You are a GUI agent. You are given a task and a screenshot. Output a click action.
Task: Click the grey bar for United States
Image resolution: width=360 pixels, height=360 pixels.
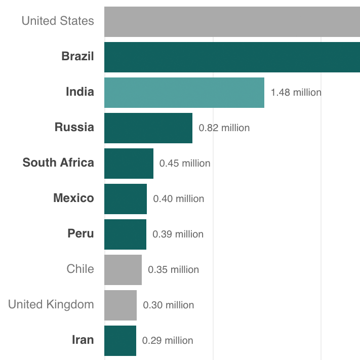[232, 22]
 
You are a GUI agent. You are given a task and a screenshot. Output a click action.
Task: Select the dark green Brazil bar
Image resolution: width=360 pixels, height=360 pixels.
[232, 57]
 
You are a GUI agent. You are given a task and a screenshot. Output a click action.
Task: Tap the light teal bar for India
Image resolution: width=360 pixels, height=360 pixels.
[184, 93]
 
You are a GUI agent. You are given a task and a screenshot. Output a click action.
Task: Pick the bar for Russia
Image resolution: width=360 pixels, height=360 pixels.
[148, 128]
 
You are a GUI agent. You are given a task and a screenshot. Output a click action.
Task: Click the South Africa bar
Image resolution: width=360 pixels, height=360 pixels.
[129, 164]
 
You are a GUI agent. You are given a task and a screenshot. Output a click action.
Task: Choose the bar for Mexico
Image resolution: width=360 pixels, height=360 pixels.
[126, 199]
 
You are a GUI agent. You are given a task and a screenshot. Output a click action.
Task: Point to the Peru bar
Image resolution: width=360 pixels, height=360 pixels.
[125, 234]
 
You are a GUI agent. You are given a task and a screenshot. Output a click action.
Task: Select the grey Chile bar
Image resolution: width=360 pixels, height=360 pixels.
[123, 270]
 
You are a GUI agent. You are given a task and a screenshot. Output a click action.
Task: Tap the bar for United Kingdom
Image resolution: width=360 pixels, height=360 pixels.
[121, 305]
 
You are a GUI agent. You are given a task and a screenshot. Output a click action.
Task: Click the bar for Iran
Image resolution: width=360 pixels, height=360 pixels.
[120, 341]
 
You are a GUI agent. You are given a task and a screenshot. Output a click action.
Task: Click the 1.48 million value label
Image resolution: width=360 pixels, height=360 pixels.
[296, 93]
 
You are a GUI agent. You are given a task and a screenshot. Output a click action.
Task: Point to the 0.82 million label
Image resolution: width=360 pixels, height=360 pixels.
[224, 128]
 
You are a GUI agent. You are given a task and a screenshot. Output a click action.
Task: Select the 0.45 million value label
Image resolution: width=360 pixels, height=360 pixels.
[185, 164]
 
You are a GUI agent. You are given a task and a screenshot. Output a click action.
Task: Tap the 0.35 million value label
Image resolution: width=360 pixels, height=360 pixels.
[174, 270]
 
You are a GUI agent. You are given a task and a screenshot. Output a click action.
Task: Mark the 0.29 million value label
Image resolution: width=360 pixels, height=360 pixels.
[168, 341]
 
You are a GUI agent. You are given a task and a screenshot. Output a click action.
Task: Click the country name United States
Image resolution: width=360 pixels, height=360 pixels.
[58, 21]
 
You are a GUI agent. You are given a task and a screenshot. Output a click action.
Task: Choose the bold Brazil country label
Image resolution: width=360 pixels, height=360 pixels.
[77, 56]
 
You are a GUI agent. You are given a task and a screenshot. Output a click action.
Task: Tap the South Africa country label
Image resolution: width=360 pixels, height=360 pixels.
[58, 163]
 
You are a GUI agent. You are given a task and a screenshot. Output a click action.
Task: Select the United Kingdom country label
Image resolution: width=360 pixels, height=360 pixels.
[51, 304]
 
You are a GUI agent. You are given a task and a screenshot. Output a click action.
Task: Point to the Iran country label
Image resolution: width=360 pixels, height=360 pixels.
[83, 340]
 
